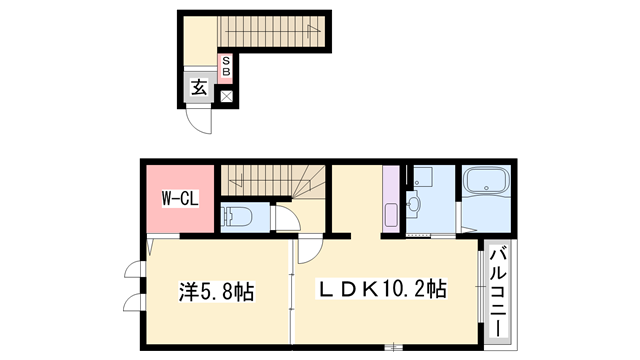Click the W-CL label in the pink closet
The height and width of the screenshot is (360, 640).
click(x=181, y=199)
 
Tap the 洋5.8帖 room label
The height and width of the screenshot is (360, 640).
click(x=216, y=292)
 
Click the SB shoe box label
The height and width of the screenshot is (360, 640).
click(x=227, y=66)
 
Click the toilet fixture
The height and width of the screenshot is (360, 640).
click(x=237, y=215)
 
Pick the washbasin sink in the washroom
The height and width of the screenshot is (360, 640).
click(x=413, y=208)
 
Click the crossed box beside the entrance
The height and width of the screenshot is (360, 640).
click(x=226, y=97)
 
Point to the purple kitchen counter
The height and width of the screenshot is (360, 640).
click(x=389, y=201)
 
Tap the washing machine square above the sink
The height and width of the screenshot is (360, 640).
click(x=419, y=178)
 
